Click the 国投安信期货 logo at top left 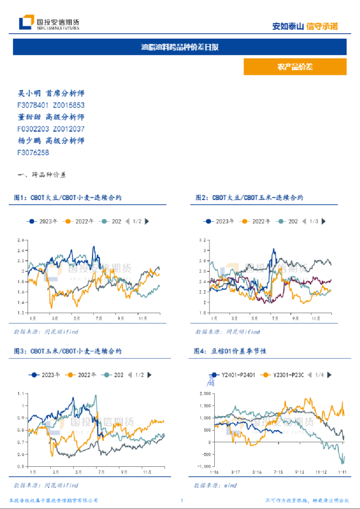(x=49, y=23)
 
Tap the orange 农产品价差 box (x=294, y=67)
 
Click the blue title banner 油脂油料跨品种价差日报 (x=180, y=47)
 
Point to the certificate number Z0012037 (x=68, y=129)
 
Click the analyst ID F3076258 (x=33, y=152)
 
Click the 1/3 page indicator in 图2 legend (x=313, y=221)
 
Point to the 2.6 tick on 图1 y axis (x=20, y=240)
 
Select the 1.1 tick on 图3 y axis (x=22, y=393)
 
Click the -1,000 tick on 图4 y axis (x=202, y=466)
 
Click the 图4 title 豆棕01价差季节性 (x=231, y=351)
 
